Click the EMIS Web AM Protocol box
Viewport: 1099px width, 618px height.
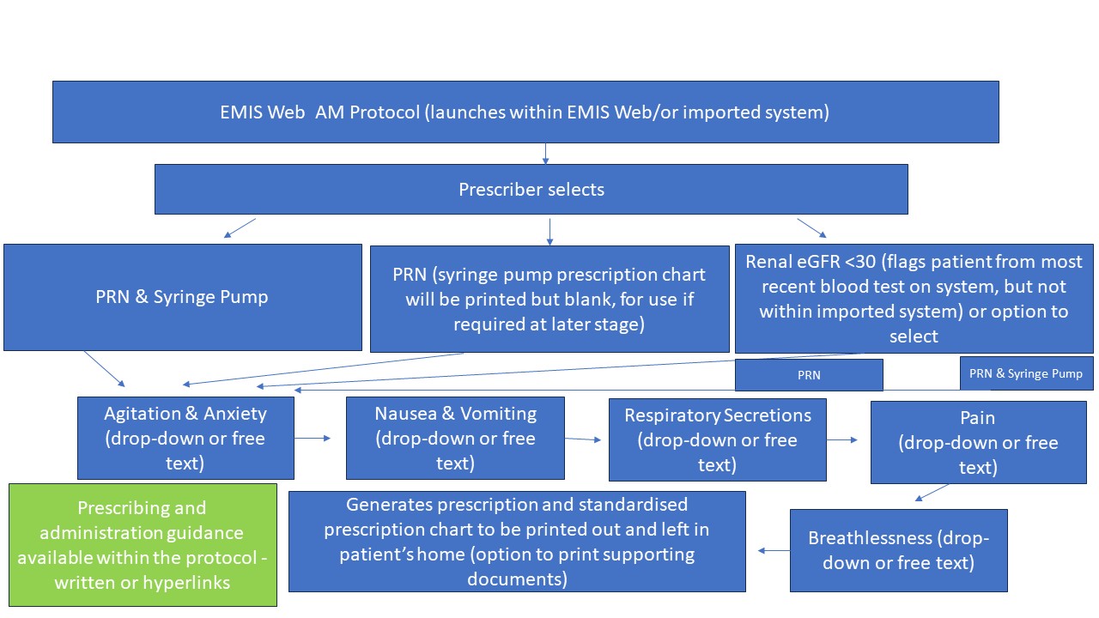tap(525, 112)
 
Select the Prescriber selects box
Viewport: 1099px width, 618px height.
tap(531, 189)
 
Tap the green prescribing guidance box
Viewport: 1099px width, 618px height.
tap(143, 545)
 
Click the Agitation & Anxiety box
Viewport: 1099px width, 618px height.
tap(185, 438)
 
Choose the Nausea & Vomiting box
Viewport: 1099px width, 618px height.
tap(455, 438)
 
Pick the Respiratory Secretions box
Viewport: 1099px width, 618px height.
tap(717, 439)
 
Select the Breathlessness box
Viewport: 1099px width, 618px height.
tap(898, 550)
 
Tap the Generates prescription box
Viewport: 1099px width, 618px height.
tap(517, 541)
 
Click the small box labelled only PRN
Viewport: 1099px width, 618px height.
tap(809, 375)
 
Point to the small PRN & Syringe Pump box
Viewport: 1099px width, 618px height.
tap(1026, 373)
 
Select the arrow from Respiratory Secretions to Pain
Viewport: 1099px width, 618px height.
tap(842, 440)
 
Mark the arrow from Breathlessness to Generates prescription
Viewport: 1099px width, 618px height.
tap(774, 551)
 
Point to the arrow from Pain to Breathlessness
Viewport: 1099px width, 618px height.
tap(932, 493)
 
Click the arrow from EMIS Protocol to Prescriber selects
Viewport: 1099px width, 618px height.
tap(545, 153)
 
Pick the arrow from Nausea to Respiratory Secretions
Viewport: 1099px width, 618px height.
tap(584, 439)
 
